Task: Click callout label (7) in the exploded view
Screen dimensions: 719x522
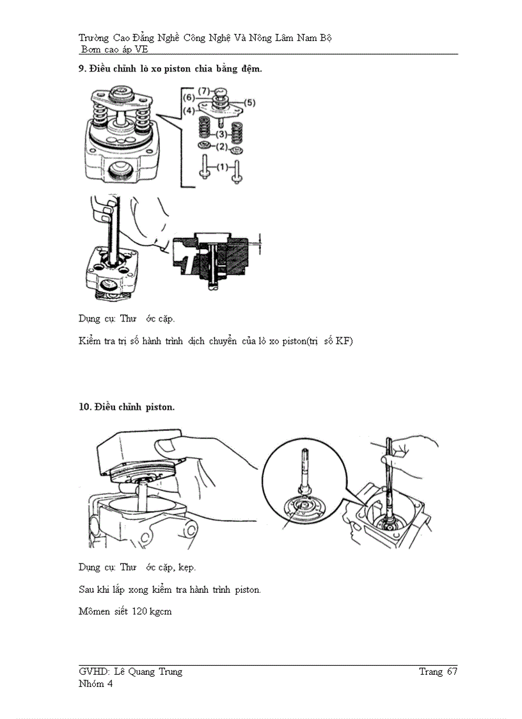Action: click(204, 92)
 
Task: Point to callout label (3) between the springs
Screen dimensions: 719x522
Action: click(221, 134)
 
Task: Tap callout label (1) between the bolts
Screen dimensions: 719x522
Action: click(221, 166)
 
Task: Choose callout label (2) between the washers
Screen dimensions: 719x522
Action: click(221, 147)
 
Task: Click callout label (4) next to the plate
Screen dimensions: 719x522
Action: click(189, 111)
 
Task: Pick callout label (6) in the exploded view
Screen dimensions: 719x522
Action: click(189, 97)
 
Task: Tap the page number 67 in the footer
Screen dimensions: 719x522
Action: click(452, 672)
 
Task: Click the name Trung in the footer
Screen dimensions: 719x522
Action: click(168, 672)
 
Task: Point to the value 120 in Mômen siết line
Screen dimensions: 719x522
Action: click(139, 611)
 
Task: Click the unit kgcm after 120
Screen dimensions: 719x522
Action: click(161, 612)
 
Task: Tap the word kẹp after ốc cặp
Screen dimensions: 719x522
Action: click(186, 567)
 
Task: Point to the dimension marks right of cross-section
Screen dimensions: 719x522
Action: click(260, 241)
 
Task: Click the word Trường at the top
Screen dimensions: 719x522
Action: click(93, 38)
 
